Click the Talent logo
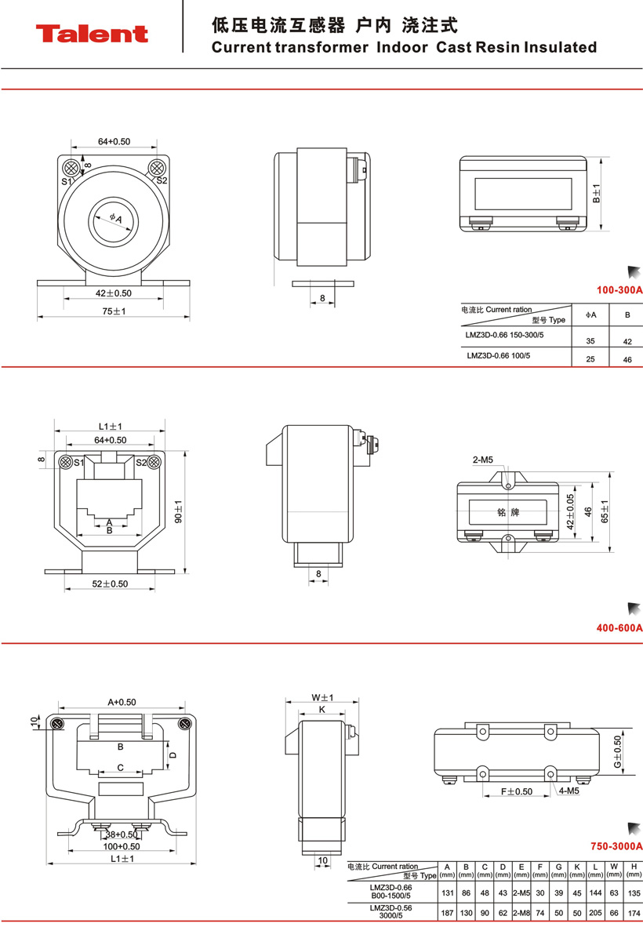click(91, 34)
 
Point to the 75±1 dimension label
click(114, 311)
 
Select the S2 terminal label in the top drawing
click(162, 180)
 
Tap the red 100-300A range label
click(619, 290)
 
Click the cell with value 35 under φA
click(591, 341)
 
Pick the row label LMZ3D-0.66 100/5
click(498, 355)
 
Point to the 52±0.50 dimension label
click(111, 583)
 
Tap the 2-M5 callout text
click(482, 459)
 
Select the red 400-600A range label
click(619, 627)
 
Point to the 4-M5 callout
click(569, 791)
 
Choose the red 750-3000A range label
click(616, 846)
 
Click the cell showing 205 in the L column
click(596, 913)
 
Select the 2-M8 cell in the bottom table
click(521, 913)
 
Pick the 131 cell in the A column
click(447, 892)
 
